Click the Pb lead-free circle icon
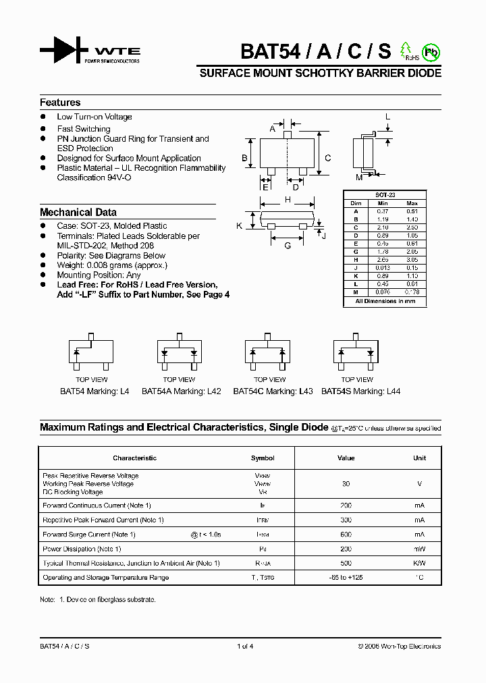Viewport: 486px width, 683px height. coord(430,51)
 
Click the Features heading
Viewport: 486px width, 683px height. coord(60,103)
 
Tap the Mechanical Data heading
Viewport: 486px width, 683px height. coord(78,212)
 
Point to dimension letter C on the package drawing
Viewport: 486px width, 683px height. coord(327,159)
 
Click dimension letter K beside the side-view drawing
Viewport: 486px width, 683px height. coord(239,226)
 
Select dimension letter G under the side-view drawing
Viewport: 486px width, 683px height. coord(288,246)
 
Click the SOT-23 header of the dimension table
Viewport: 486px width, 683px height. coord(385,195)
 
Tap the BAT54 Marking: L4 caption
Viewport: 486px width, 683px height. coord(94,391)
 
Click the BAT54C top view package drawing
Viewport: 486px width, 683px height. coord(269,352)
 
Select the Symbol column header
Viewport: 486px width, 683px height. coord(263,458)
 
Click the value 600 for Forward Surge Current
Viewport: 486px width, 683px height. coord(346,535)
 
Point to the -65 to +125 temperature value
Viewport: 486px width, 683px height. coord(346,578)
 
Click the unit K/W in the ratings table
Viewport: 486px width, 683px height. coord(419,563)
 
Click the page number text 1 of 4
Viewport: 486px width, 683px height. coord(245,647)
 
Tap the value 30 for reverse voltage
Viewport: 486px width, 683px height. coord(346,484)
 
